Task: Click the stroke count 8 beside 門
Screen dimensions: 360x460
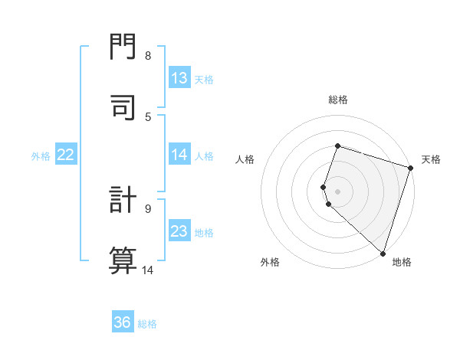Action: [148, 56]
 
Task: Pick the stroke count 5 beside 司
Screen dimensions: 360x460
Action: [148, 116]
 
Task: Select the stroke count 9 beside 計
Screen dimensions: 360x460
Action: [148, 208]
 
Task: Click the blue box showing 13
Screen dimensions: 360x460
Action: [179, 78]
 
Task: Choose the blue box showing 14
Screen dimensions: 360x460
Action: [179, 155]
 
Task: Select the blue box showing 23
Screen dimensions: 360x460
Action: [179, 231]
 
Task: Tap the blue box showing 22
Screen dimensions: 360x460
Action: [66, 155]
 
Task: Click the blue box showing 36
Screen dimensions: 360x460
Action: [123, 322]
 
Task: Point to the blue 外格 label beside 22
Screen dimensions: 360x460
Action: [41, 156]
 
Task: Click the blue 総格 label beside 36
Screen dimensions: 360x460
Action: [147, 324]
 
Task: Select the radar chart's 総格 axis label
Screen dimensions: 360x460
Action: [337, 100]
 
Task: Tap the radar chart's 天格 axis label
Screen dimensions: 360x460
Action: [431, 159]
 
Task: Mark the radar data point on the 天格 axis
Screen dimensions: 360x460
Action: [410, 168]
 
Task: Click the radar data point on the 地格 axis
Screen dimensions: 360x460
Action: [383, 253]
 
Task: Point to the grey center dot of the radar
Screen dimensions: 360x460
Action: [337, 191]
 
